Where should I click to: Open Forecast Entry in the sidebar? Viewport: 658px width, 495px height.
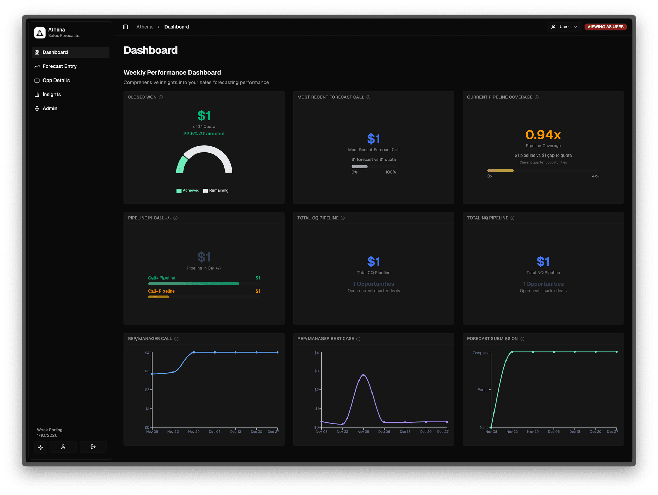pyautogui.click(x=59, y=66)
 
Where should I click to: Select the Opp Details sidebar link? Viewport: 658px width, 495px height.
pyautogui.click(x=56, y=81)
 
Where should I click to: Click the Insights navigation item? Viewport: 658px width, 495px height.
pyautogui.click(x=51, y=95)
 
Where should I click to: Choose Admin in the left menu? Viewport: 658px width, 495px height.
pyautogui.click(x=50, y=108)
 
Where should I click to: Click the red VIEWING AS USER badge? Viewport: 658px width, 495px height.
pyautogui.click(x=605, y=27)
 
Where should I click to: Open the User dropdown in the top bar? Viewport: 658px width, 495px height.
pyautogui.click(x=564, y=27)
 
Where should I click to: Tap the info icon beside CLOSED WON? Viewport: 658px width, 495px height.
pyautogui.click(x=161, y=97)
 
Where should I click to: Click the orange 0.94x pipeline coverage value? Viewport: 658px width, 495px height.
pyautogui.click(x=543, y=135)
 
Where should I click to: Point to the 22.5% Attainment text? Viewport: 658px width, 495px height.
pyautogui.click(x=204, y=134)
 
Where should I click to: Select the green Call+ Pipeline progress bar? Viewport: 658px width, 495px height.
pyautogui.click(x=194, y=284)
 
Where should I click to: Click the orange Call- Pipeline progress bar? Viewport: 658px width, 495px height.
pyautogui.click(x=159, y=297)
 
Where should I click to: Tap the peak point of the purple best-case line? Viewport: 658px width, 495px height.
pyautogui.click(x=363, y=375)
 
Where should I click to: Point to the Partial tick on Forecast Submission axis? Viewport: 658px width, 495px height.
pyautogui.click(x=483, y=390)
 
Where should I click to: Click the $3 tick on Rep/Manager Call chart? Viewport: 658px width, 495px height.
pyautogui.click(x=147, y=371)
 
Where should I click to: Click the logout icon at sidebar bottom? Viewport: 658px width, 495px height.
pyautogui.click(x=93, y=447)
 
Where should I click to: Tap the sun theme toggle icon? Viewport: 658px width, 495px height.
pyautogui.click(x=40, y=447)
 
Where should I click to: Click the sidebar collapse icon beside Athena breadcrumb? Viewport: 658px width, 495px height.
pyautogui.click(x=126, y=27)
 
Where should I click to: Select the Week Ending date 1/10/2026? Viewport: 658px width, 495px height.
pyautogui.click(x=47, y=436)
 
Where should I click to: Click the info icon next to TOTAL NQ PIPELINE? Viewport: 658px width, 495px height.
pyautogui.click(x=512, y=218)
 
